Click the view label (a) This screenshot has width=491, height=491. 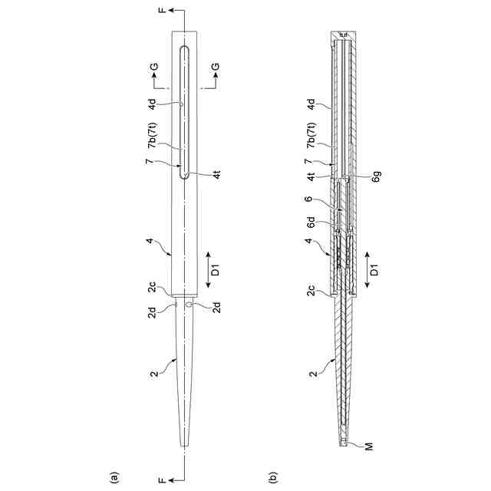tap(114, 477)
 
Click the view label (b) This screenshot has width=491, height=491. tap(272, 477)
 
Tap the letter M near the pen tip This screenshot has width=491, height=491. tap(370, 447)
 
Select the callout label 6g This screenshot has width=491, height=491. tap(377, 176)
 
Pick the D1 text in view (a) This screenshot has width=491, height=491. tap(216, 269)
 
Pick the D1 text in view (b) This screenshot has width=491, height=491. tap(374, 269)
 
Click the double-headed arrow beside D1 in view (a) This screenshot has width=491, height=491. tap(209, 269)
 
